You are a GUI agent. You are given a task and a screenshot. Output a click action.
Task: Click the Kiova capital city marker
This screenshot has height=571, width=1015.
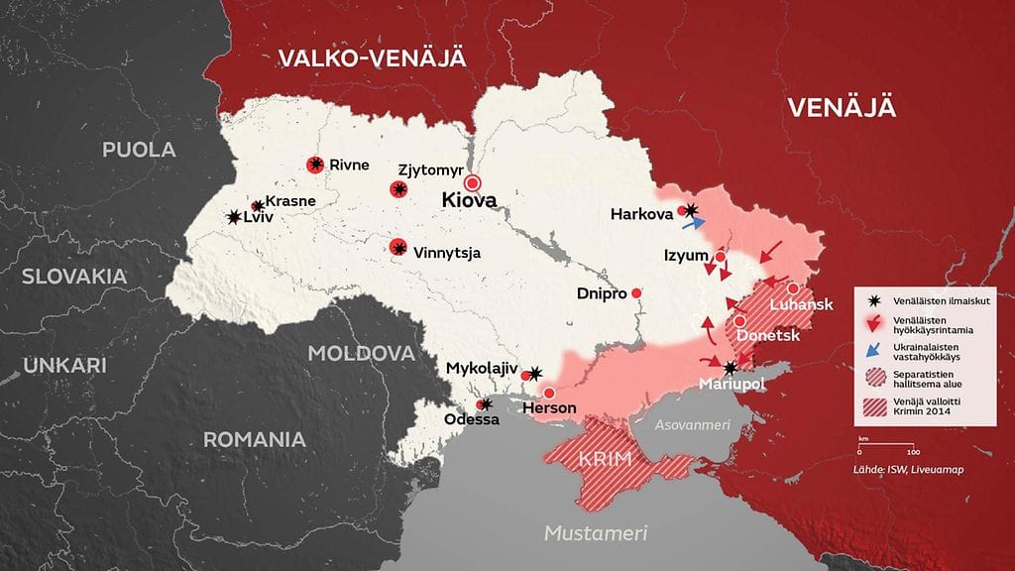[x=473, y=182]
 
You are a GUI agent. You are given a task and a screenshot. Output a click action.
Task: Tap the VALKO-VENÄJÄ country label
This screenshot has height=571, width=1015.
[x=371, y=57]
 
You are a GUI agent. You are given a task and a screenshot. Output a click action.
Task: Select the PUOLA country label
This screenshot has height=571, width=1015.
[x=139, y=150]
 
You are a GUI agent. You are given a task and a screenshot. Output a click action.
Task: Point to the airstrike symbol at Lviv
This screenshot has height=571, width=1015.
[x=234, y=217]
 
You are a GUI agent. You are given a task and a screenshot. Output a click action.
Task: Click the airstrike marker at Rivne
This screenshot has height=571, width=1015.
[x=315, y=166]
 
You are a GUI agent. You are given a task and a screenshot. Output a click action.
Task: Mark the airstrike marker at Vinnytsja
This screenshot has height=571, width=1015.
[x=398, y=248]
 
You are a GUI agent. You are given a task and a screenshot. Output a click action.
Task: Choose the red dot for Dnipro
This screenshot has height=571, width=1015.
[x=636, y=292]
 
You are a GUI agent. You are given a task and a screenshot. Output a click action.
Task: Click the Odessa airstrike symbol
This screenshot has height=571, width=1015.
[x=483, y=404]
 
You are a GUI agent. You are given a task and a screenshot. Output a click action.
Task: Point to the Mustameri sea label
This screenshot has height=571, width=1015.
[x=595, y=533]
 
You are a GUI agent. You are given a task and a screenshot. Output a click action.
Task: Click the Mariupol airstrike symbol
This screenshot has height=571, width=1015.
[x=731, y=367]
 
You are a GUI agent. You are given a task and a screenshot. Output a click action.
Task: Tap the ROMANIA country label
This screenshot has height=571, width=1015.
[x=254, y=439]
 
